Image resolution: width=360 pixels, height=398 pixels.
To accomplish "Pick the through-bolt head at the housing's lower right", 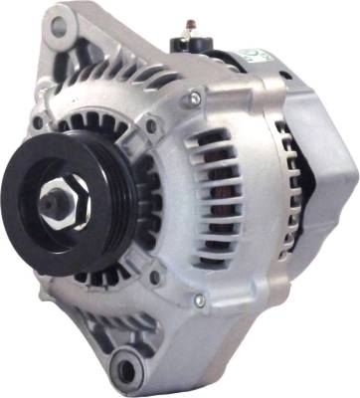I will pyautogui.click(x=198, y=299).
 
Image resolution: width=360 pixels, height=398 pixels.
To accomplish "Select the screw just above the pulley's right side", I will pyautogui.click(x=151, y=127).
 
